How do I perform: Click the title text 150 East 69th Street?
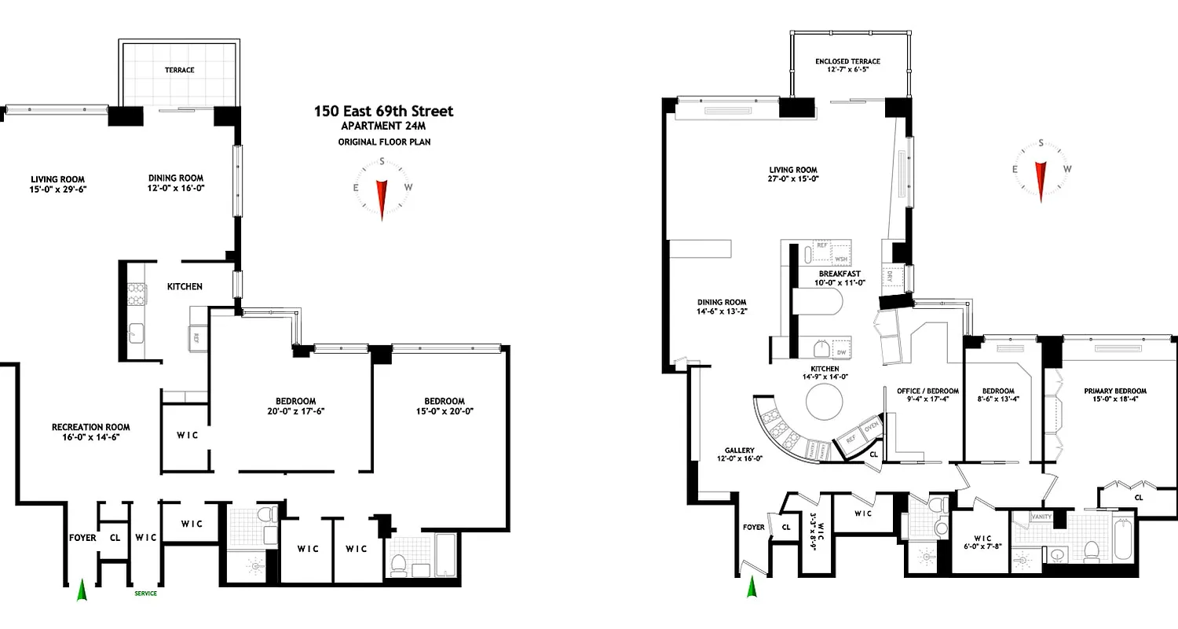(383, 111)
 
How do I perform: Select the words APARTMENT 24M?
(383, 127)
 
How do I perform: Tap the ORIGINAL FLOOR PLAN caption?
(383, 142)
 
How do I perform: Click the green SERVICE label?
(145, 594)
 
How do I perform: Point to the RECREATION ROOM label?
(91, 427)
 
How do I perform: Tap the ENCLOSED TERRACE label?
(847, 61)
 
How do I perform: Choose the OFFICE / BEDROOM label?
(927, 391)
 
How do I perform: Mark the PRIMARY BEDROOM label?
(1114, 391)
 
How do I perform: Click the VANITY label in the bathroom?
(1041, 517)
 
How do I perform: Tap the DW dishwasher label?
(841, 353)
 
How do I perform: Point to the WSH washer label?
(841, 259)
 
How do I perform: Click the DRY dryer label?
(890, 275)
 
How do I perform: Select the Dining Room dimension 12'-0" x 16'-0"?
(177, 189)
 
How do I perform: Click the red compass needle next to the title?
(382, 198)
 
